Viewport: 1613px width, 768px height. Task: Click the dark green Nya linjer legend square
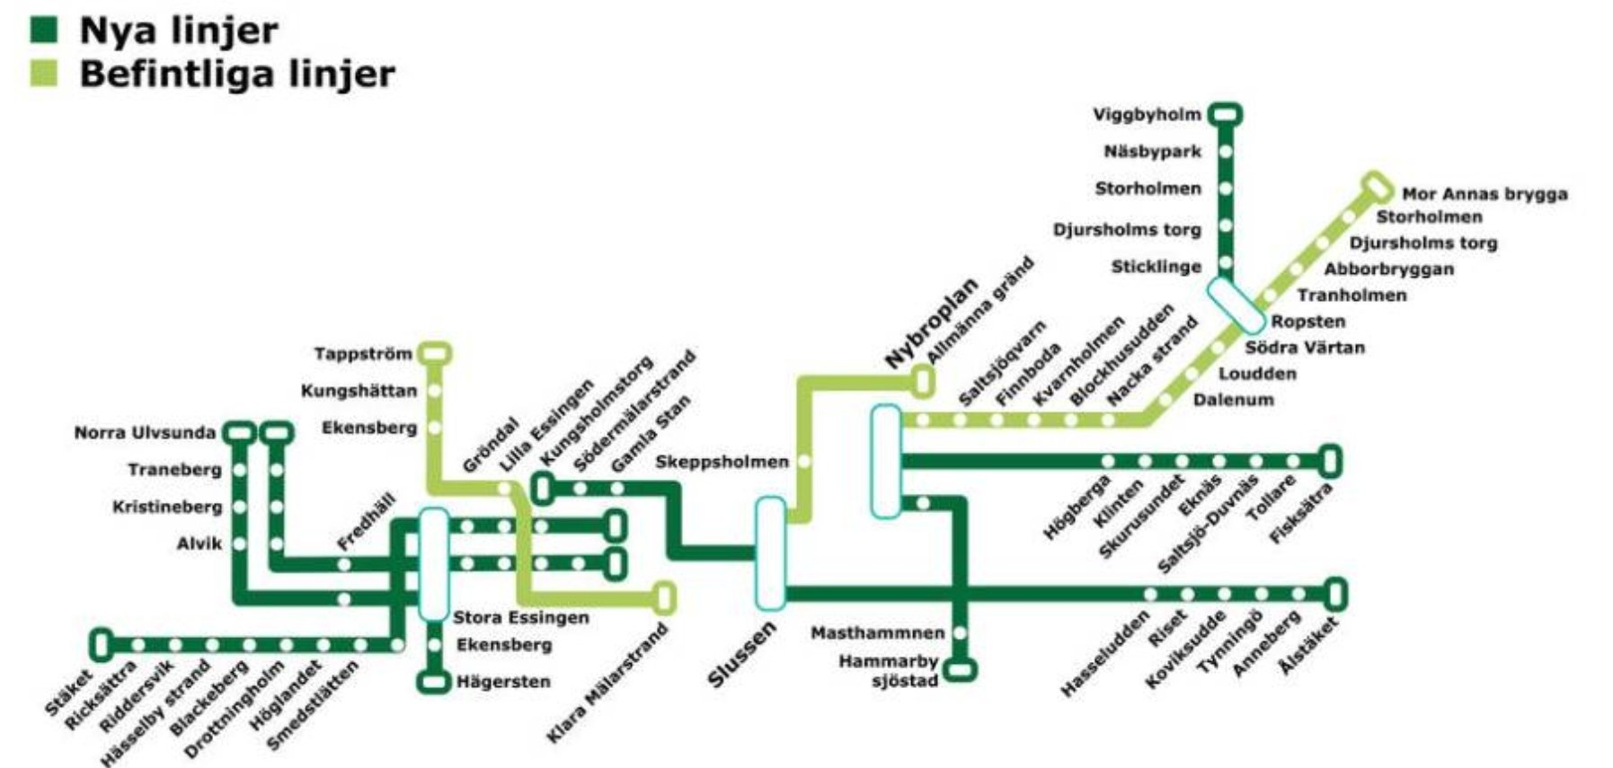pos(44,30)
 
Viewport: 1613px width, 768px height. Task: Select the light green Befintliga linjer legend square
pos(44,73)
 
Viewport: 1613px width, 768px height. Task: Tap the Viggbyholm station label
pos(1147,114)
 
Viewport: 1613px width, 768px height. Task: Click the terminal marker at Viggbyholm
pos(1225,114)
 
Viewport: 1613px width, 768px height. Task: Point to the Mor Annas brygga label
pos(1484,193)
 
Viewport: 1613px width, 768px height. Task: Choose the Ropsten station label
pos(1307,321)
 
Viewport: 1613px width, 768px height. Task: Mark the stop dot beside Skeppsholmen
pos(805,461)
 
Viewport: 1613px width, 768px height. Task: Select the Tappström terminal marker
pos(435,353)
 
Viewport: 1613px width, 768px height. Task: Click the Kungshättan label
pos(359,391)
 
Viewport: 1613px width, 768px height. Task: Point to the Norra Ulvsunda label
pos(145,433)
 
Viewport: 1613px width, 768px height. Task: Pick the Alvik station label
pos(199,543)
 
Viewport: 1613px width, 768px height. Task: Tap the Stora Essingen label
pos(521,617)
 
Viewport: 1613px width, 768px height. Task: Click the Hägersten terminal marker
pos(435,682)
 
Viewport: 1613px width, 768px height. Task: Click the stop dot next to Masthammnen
pos(960,632)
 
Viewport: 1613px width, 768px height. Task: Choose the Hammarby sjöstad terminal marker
pos(960,669)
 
